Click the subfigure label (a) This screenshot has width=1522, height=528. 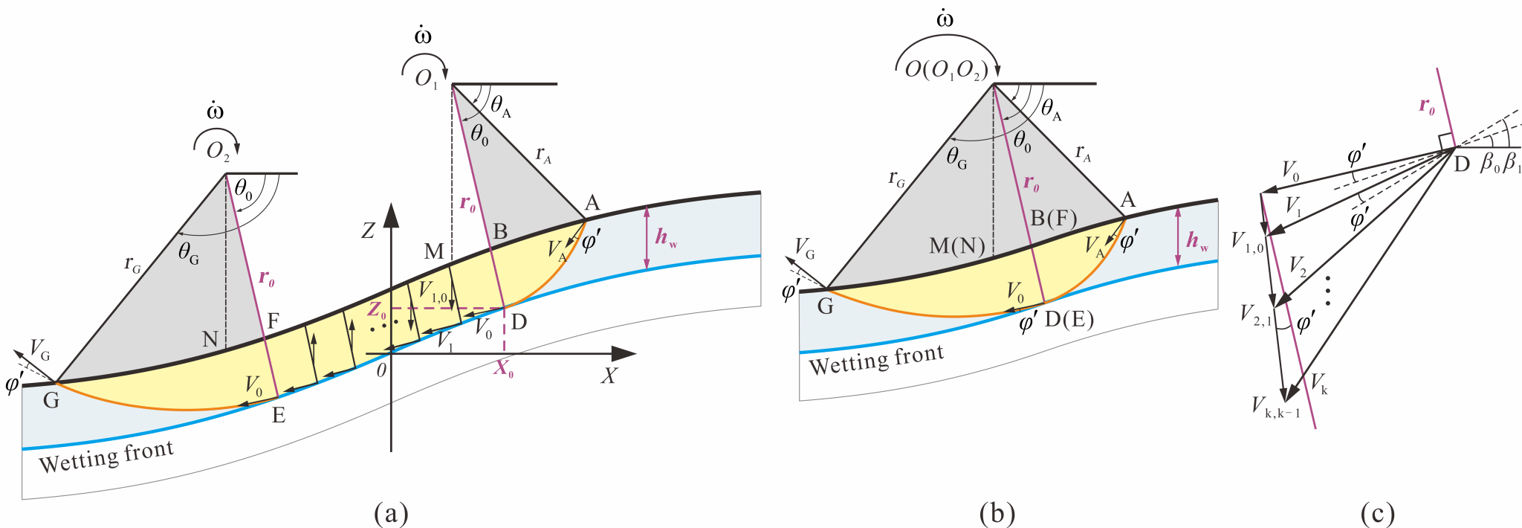[392, 514]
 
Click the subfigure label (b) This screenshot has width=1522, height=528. [997, 514]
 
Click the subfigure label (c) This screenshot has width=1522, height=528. [1377, 514]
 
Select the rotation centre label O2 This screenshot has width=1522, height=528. [218, 151]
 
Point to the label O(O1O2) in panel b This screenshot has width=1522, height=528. [946, 71]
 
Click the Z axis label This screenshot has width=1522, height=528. [368, 231]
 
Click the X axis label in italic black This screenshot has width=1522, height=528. [609, 376]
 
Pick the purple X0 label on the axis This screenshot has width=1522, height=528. [504, 370]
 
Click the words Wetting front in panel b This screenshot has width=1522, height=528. [876, 360]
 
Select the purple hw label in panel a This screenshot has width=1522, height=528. [666, 239]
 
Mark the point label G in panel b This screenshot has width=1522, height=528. [825, 306]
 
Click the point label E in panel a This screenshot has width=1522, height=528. [279, 416]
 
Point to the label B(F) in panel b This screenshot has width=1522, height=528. [1053, 218]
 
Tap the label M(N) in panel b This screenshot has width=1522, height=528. [957, 245]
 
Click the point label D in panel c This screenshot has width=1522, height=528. [1462, 164]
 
